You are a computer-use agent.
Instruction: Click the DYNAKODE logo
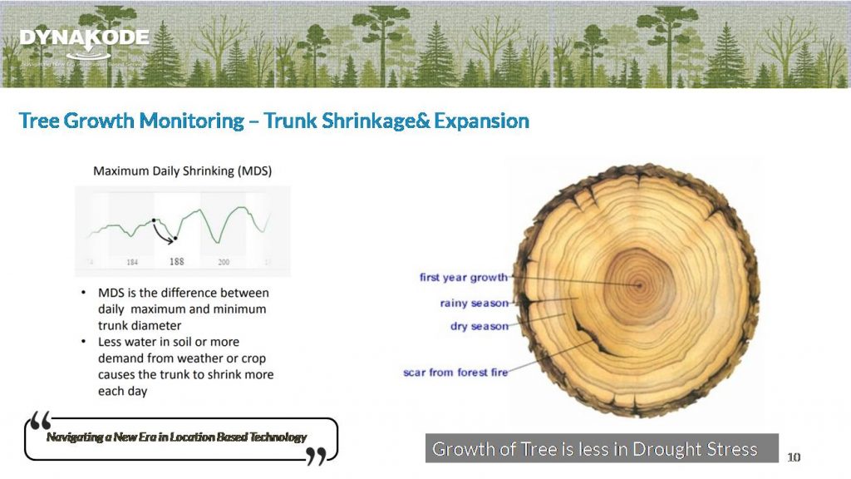[x=84, y=39]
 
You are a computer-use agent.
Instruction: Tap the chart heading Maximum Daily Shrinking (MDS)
[x=182, y=170]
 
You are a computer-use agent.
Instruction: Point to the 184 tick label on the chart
[x=132, y=262]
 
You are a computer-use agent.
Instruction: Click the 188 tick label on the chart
[x=177, y=261]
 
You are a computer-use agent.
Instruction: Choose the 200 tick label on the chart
[x=224, y=262]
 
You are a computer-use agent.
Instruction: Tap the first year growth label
[x=463, y=278]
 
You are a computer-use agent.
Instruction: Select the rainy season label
[x=474, y=303]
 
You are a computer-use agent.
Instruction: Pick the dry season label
[x=480, y=326]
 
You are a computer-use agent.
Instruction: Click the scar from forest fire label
[x=455, y=373]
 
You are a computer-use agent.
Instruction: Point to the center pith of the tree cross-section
[x=639, y=285]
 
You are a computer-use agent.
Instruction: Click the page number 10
[x=794, y=457]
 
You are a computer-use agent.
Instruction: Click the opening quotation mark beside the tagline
[x=39, y=421]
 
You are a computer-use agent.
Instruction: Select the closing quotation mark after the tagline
[x=316, y=456]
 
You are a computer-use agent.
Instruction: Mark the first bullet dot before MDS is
[x=85, y=294]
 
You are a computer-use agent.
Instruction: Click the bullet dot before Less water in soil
[x=85, y=342]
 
